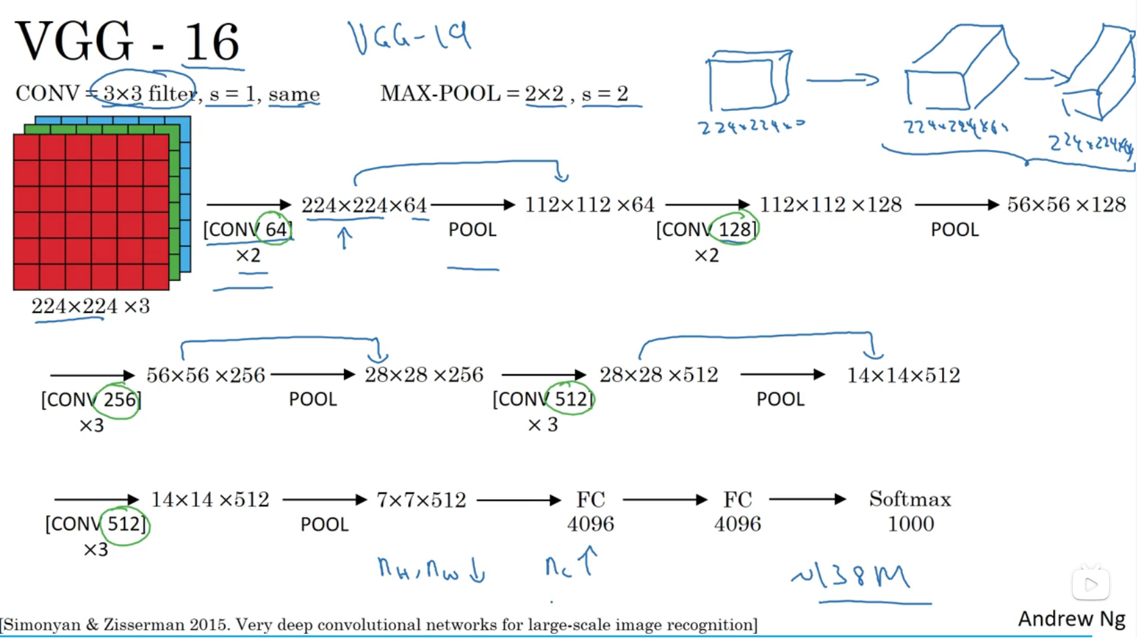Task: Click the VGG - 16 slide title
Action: click(x=127, y=42)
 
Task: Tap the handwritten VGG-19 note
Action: click(x=409, y=37)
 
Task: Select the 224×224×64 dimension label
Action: click(x=364, y=205)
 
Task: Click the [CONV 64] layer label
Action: click(x=247, y=229)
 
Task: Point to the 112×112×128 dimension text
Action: click(x=830, y=204)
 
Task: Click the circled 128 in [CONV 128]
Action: click(x=735, y=229)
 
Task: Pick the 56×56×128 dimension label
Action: click(x=1066, y=204)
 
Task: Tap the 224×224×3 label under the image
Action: click(x=91, y=306)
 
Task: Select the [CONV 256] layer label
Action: click(x=91, y=399)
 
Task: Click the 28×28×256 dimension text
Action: click(x=424, y=375)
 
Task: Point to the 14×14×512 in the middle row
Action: click(x=904, y=375)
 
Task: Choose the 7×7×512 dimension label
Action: click(x=421, y=500)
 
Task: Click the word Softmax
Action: click(x=910, y=499)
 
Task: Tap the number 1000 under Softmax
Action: click(x=910, y=524)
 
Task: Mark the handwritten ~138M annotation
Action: click(x=851, y=576)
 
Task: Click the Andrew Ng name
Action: click(x=1071, y=618)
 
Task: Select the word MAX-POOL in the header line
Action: click(x=440, y=93)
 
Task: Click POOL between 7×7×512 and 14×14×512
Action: click(x=324, y=524)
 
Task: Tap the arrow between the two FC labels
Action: click(x=665, y=500)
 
